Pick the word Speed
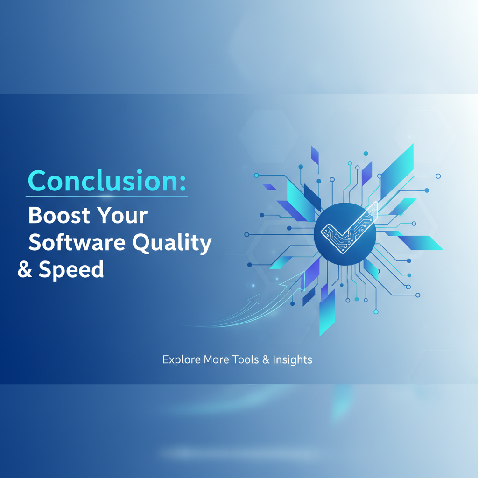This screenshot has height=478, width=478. click(x=71, y=270)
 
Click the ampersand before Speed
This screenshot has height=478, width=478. click(x=25, y=270)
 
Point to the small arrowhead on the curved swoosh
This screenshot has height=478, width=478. click(x=256, y=298)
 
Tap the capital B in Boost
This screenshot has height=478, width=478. click(x=36, y=216)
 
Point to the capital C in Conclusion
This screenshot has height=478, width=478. click(x=37, y=180)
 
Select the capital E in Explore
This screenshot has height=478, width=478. click(x=166, y=360)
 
